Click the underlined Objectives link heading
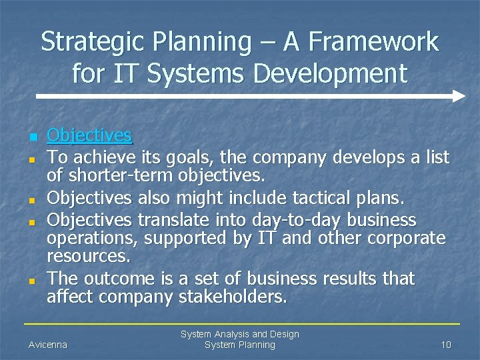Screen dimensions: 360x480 (x=89, y=136)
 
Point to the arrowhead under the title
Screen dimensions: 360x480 (x=459, y=96)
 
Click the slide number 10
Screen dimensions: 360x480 (x=446, y=345)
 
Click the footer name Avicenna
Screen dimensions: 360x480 (x=47, y=345)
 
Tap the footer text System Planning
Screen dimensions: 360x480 (x=239, y=345)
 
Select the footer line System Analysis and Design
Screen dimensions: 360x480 (x=240, y=334)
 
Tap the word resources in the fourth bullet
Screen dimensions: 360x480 (x=88, y=255)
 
